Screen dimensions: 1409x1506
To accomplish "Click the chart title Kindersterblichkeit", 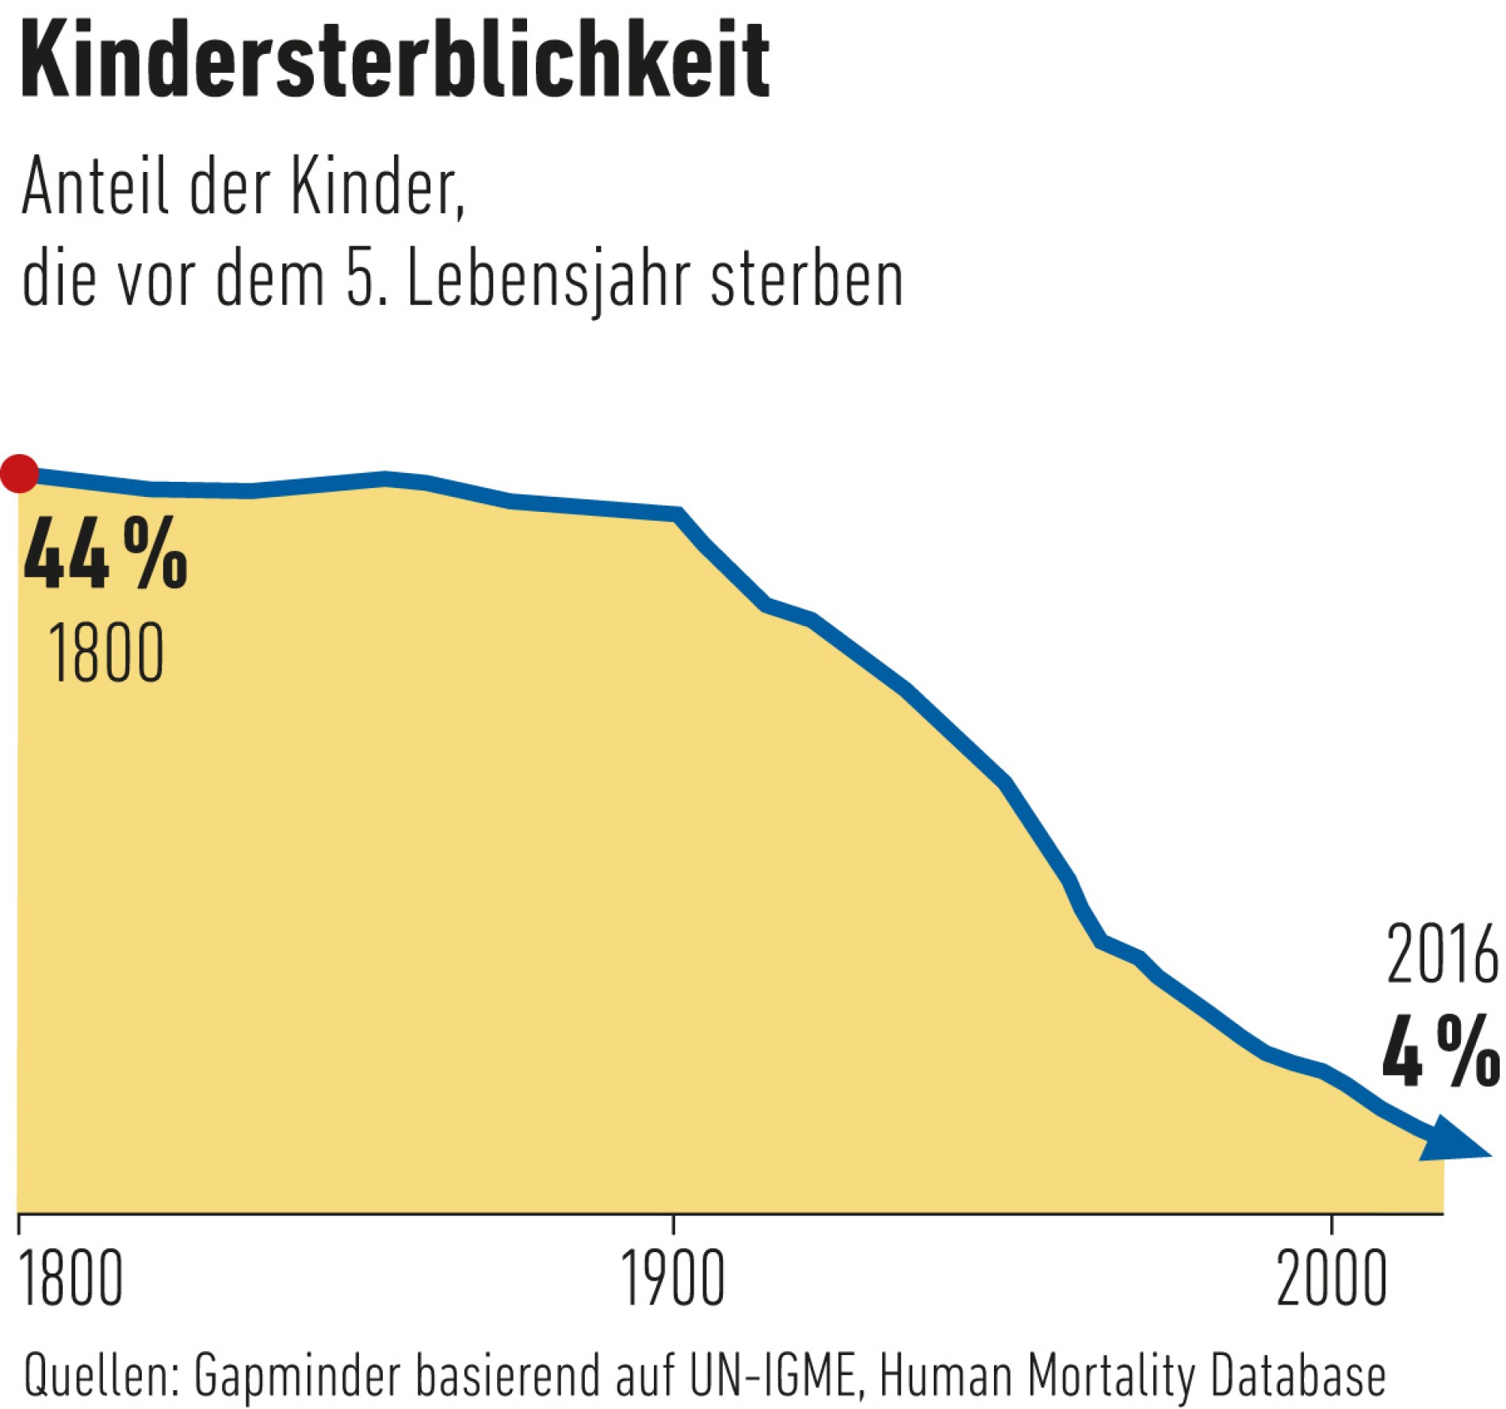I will [x=394, y=62].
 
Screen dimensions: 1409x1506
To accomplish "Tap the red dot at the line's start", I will [x=19, y=473].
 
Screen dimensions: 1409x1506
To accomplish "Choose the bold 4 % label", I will [x=1440, y=1052].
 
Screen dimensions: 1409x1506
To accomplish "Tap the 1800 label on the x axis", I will [x=70, y=1279].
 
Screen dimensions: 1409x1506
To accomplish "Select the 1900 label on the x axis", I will [x=672, y=1279].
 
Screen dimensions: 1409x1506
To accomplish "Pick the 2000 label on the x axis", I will [x=1332, y=1279].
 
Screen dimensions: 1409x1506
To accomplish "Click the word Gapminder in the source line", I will [x=298, y=1376].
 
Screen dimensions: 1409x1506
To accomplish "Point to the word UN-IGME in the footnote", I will [x=773, y=1376].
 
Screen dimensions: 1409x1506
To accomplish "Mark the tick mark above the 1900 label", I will [x=674, y=1225].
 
